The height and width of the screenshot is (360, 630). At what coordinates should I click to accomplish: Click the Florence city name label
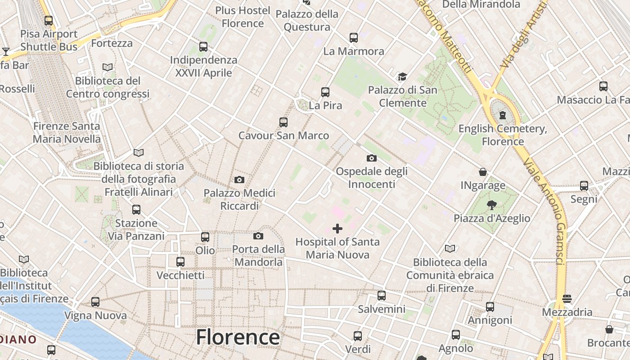click(238, 337)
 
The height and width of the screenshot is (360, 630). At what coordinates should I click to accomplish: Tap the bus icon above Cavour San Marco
click(283, 122)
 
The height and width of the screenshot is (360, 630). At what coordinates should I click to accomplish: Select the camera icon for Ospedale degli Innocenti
click(372, 158)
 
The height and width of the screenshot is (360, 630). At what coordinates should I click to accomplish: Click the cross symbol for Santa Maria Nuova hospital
click(337, 229)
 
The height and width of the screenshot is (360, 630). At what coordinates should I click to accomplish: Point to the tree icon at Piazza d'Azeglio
click(492, 205)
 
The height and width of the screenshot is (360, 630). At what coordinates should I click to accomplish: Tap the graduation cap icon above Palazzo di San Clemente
click(402, 77)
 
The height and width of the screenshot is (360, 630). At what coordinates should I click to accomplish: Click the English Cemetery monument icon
click(503, 115)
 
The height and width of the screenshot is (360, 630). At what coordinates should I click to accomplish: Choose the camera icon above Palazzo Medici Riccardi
click(239, 180)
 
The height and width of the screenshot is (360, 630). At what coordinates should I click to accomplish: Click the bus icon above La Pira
click(325, 92)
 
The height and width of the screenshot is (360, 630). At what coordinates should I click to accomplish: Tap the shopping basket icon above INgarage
click(483, 172)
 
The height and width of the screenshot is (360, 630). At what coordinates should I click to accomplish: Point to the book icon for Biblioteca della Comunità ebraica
click(450, 248)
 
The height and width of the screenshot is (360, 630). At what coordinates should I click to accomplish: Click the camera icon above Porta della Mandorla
click(258, 236)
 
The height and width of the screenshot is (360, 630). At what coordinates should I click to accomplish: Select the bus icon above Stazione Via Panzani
click(136, 210)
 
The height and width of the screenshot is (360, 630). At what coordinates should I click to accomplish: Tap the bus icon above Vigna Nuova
click(95, 302)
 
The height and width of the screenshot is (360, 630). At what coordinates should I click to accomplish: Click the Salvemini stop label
click(382, 309)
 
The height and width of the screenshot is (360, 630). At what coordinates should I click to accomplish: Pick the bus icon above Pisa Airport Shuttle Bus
click(49, 20)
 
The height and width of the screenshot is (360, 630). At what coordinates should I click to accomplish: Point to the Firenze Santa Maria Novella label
click(67, 132)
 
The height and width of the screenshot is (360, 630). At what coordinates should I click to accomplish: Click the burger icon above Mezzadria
click(567, 299)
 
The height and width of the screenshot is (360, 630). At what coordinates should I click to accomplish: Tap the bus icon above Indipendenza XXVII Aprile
click(203, 46)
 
